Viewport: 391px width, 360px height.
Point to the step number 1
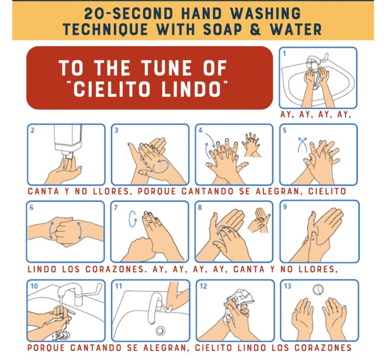click(x=284, y=53)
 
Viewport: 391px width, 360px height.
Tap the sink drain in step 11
click(x=160, y=330)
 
